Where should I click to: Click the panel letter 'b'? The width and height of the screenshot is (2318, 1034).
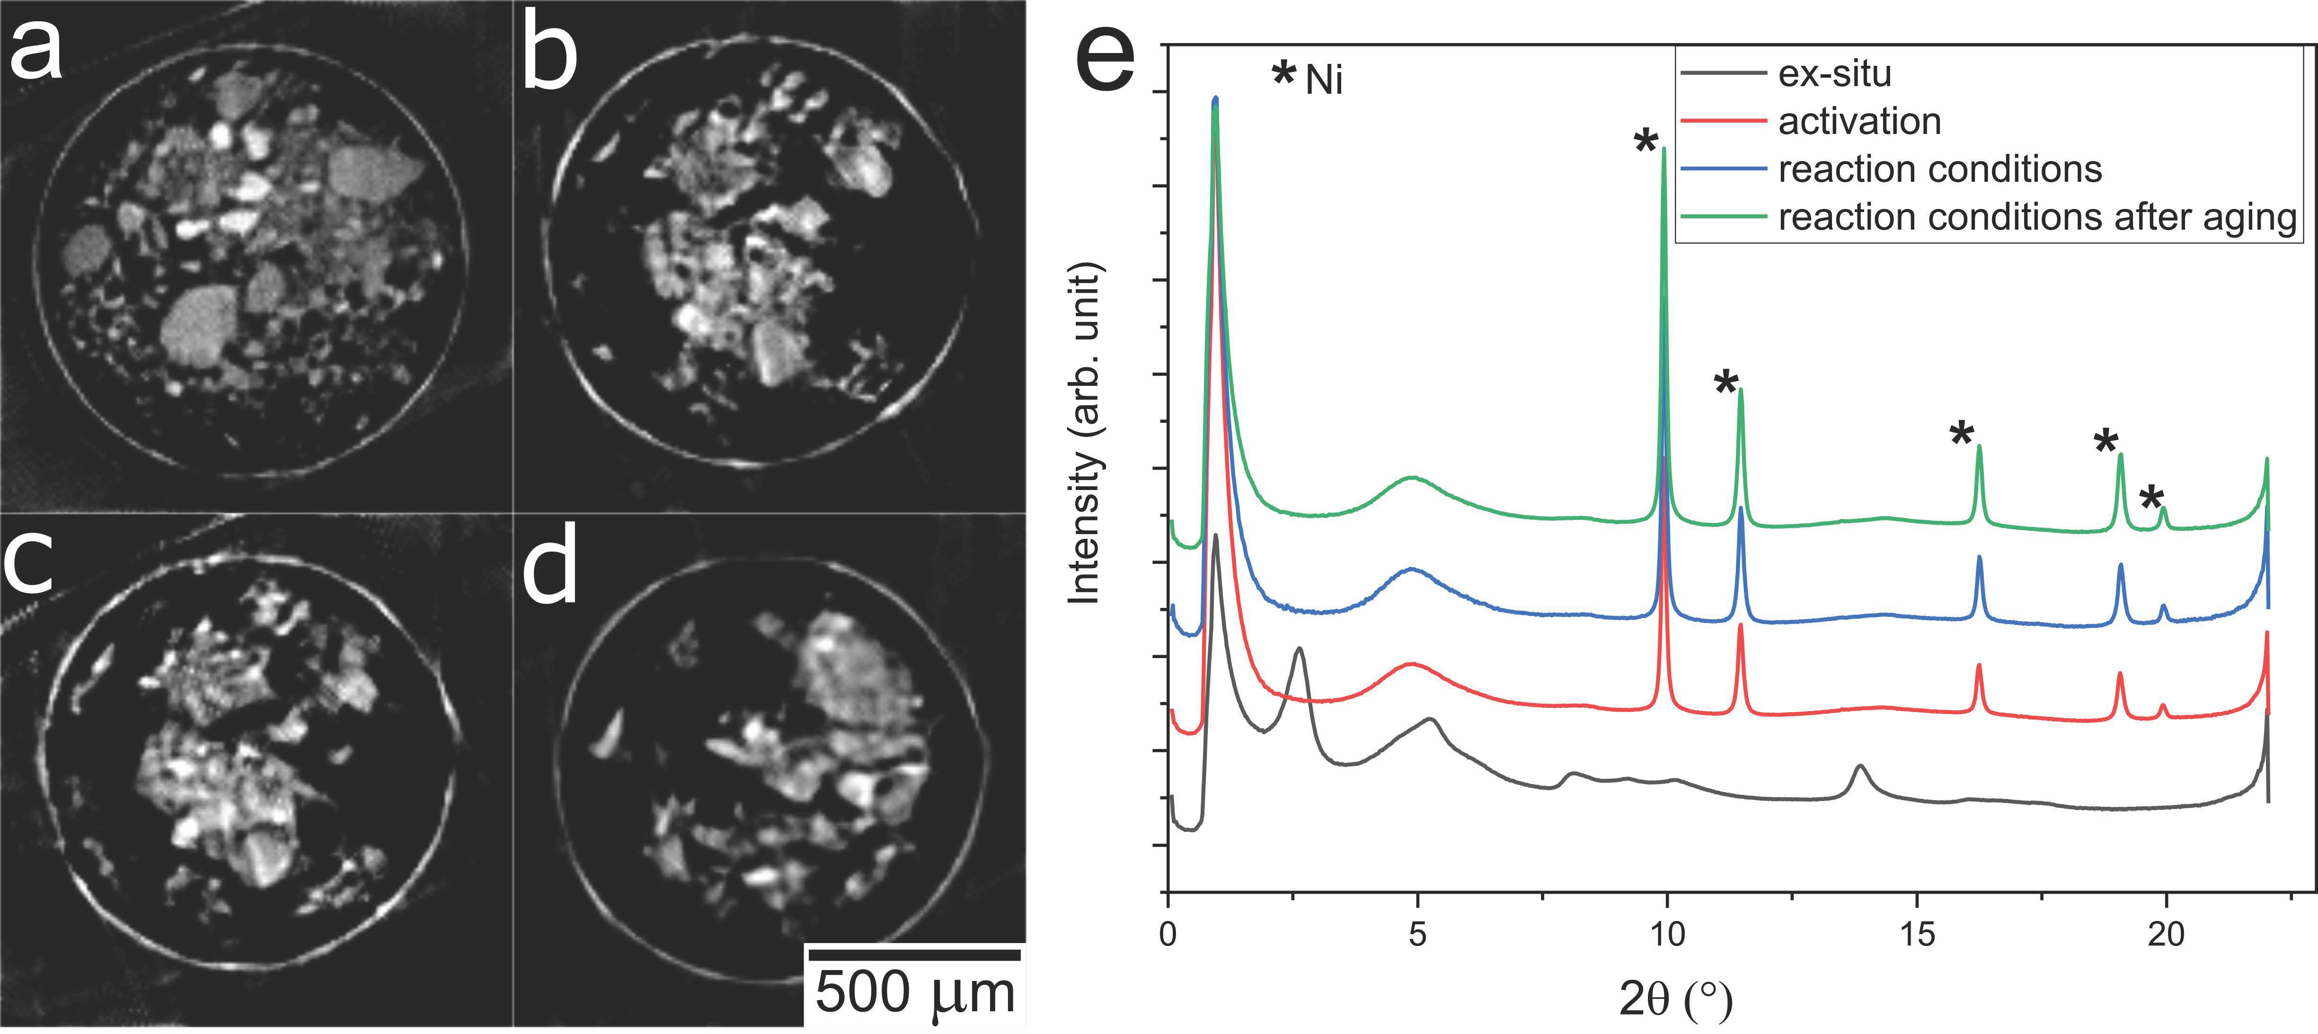pyautogui.click(x=549, y=56)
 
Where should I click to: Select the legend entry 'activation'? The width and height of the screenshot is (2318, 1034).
pyautogui.click(x=1859, y=122)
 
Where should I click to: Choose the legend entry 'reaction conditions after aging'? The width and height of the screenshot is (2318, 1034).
pyautogui.click(x=2037, y=217)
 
